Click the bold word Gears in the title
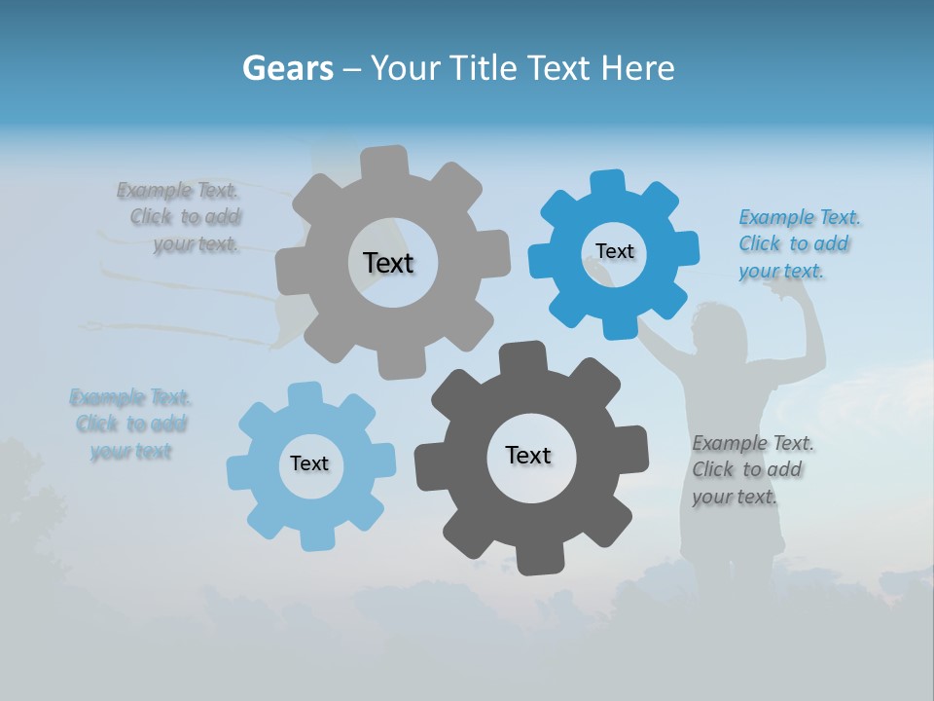tap(287, 68)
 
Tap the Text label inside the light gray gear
tap(388, 263)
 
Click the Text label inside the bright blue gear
tap(614, 251)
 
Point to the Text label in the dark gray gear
tap(528, 455)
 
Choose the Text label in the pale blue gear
tap(309, 463)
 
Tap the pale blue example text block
tap(130, 424)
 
